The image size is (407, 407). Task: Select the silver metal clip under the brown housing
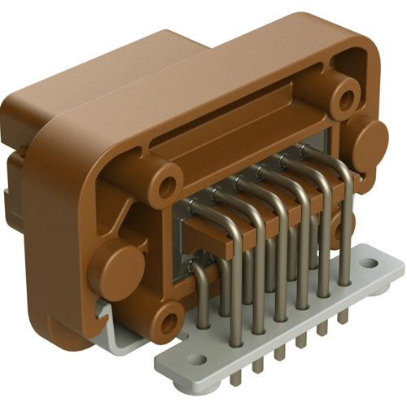[x=106, y=313]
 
